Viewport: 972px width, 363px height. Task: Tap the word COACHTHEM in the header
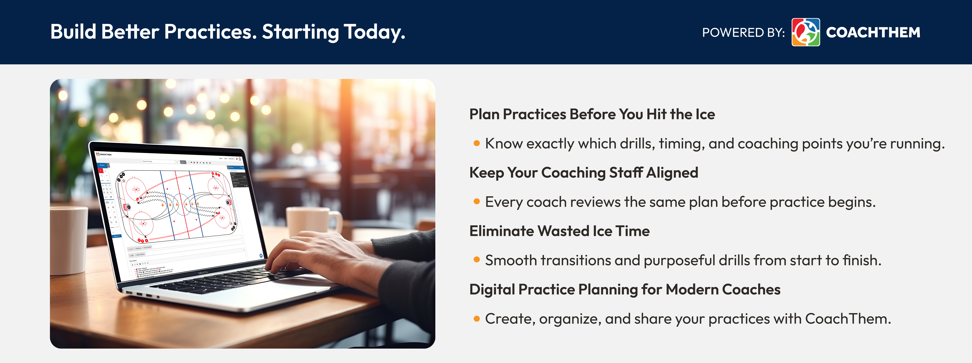(x=873, y=32)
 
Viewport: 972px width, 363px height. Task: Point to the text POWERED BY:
(x=743, y=32)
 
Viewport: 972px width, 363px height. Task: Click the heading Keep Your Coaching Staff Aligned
(x=583, y=173)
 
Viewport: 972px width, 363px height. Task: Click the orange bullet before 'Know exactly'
(x=477, y=143)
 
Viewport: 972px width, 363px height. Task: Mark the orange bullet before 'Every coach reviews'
(x=477, y=202)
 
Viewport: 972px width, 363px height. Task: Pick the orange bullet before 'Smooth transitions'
(x=477, y=260)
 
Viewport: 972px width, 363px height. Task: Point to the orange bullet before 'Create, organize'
(x=477, y=318)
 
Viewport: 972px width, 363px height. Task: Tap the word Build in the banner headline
(x=74, y=32)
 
